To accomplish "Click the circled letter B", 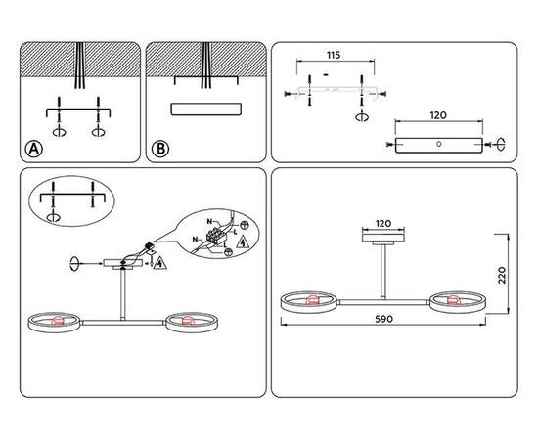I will tap(160, 149).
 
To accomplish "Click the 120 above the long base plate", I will tap(437, 115).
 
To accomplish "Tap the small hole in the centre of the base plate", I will tap(438, 145).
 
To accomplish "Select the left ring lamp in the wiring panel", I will tap(54, 320).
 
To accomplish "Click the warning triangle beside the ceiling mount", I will tap(160, 262).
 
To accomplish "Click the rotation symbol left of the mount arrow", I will tap(75, 262).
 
